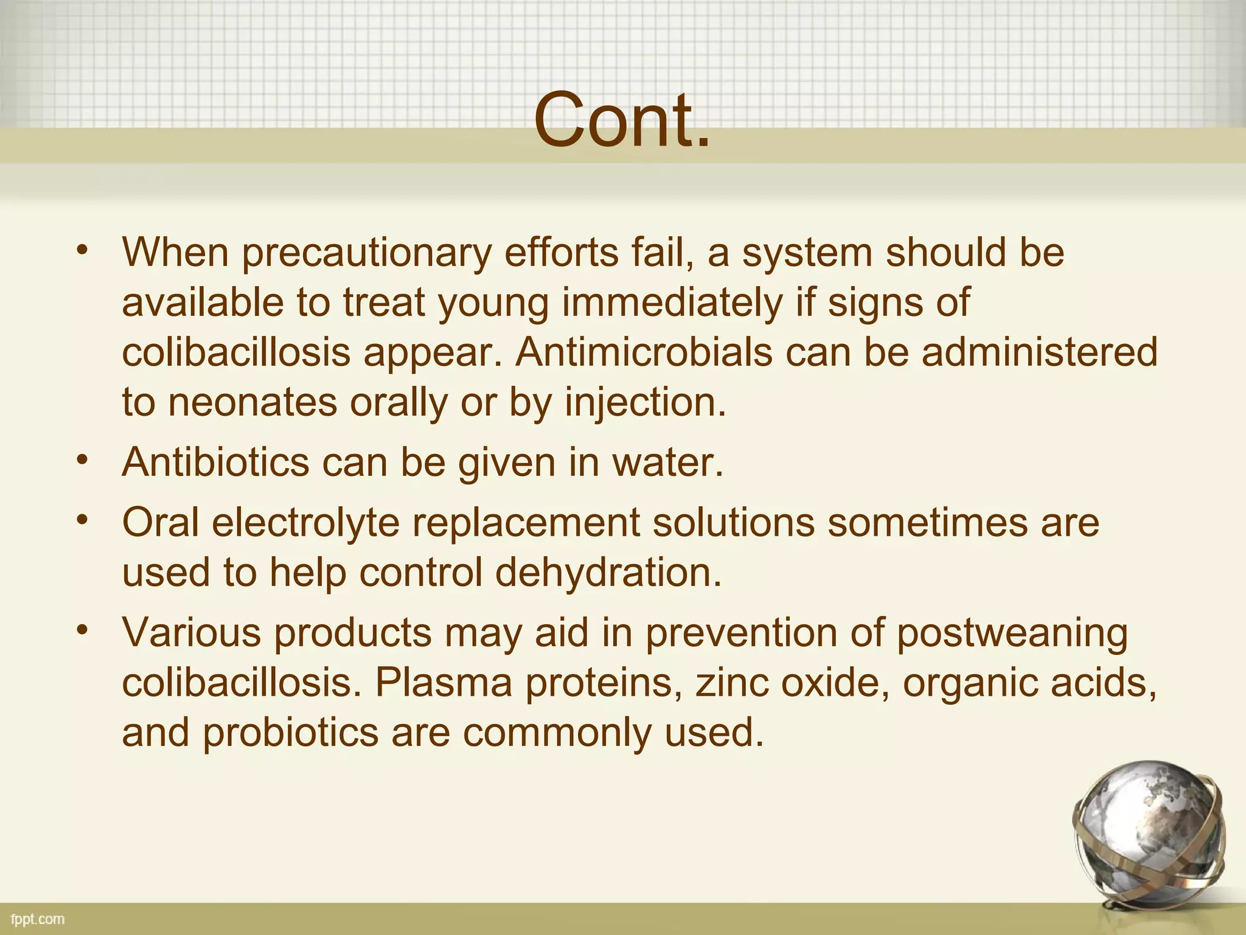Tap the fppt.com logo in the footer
(x=38, y=919)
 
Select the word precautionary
(x=366, y=253)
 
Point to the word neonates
(x=252, y=402)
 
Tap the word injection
(x=646, y=402)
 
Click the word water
(x=668, y=463)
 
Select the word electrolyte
(x=305, y=522)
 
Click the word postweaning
(x=1012, y=633)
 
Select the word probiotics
(x=291, y=732)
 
